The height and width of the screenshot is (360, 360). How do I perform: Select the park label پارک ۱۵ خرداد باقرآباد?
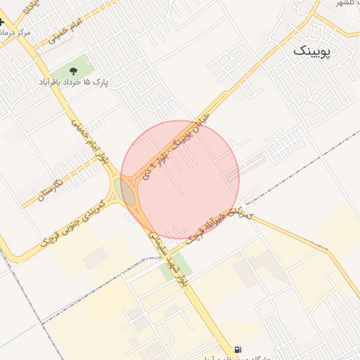[74, 82]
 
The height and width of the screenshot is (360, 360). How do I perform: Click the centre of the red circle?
[180, 180]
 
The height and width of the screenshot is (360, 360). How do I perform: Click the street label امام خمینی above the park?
[67, 32]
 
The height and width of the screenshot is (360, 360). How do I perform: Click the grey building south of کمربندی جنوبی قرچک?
[95, 259]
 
